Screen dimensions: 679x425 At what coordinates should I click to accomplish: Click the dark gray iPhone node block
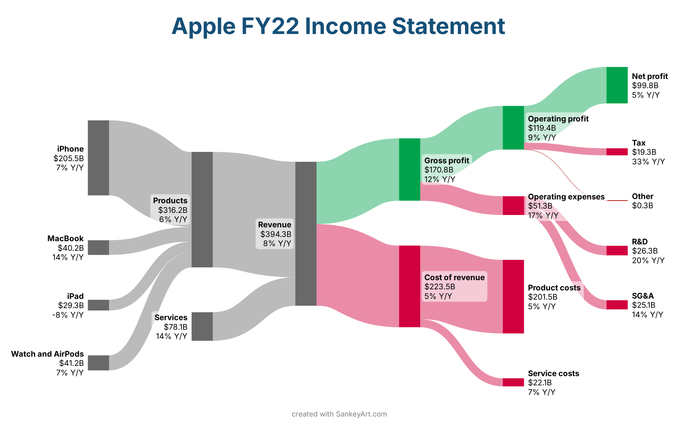point(98,158)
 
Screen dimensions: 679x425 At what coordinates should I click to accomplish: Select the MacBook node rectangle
point(98,248)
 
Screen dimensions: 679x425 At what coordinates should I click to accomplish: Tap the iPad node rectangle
point(98,305)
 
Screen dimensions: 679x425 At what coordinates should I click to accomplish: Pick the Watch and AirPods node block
point(98,363)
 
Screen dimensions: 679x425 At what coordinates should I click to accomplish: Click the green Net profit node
point(617,85)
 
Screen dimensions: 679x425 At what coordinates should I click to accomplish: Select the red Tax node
point(617,152)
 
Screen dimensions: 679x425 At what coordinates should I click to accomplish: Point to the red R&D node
point(617,250)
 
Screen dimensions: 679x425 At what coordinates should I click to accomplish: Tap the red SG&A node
point(617,305)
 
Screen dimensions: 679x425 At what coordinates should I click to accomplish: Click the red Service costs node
point(513,382)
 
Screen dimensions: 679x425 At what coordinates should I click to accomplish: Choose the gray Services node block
point(202,327)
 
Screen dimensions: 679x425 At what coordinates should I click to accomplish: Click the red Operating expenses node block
point(513,205)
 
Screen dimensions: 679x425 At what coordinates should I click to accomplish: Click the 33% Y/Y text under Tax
point(648,161)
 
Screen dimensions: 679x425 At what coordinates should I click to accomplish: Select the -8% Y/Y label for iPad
point(68,314)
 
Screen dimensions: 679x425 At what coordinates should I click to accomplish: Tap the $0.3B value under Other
point(643,205)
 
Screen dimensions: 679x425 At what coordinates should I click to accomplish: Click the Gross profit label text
point(447,160)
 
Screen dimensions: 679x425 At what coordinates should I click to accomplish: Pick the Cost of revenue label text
point(454,277)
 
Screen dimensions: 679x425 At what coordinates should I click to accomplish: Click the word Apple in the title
point(204,27)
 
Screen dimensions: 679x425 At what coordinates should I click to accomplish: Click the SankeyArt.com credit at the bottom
point(361,414)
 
